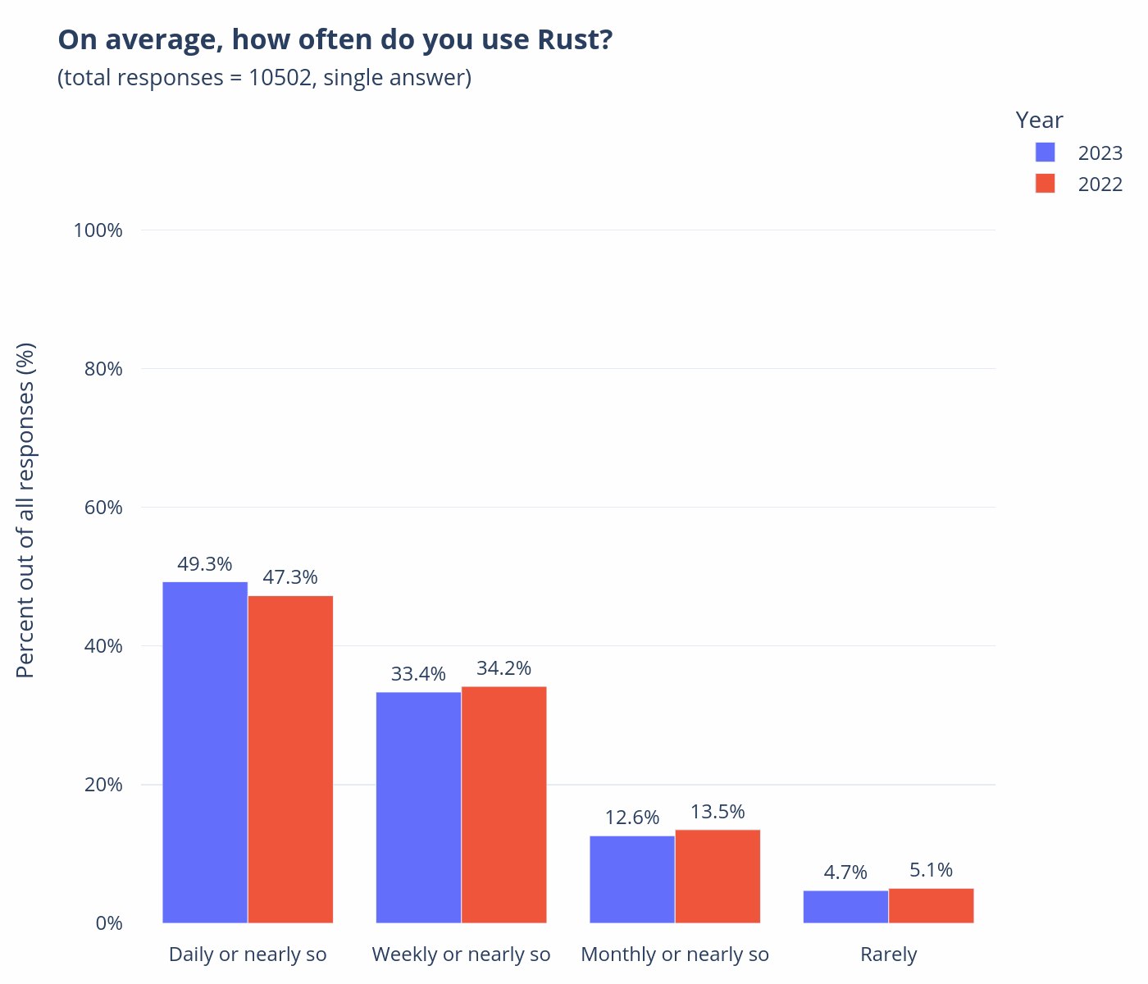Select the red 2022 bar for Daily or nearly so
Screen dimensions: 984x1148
(x=290, y=759)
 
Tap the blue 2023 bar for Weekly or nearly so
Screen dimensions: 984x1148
(x=418, y=807)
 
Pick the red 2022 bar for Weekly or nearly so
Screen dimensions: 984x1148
(x=503, y=804)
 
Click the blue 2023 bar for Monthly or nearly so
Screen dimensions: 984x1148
(x=632, y=879)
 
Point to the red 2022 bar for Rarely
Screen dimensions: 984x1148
(x=931, y=905)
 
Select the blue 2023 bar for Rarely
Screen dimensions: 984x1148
(x=845, y=906)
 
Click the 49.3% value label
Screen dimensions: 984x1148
(x=205, y=564)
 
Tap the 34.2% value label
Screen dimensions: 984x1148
(x=503, y=668)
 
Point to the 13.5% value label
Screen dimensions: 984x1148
(x=717, y=812)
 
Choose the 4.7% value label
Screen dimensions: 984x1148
(x=845, y=872)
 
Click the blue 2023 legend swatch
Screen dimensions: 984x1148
(x=1045, y=153)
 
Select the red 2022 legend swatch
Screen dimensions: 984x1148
(x=1045, y=184)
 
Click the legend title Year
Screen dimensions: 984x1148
(x=1039, y=121)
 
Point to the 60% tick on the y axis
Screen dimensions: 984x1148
(x=104, y=508)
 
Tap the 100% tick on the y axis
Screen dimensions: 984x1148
(x=98, y=230)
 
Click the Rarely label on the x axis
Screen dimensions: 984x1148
(x=888, y=954)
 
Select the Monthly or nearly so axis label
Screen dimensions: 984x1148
(x=675, y=954)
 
